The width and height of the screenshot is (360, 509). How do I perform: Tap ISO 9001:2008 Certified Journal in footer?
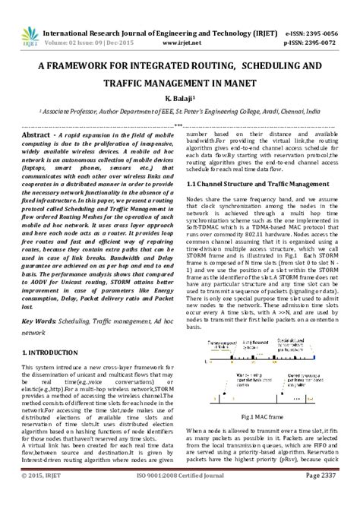[x=180, y=497]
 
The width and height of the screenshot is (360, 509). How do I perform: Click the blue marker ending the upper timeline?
[x=321, y=357]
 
